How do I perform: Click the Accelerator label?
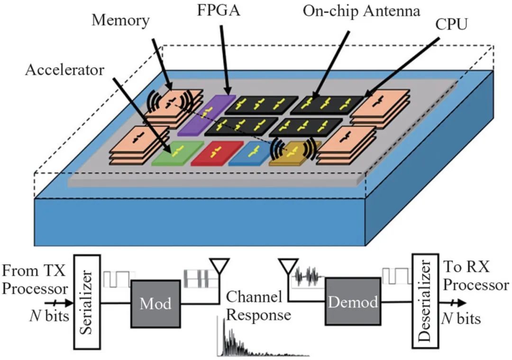(64, 70)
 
